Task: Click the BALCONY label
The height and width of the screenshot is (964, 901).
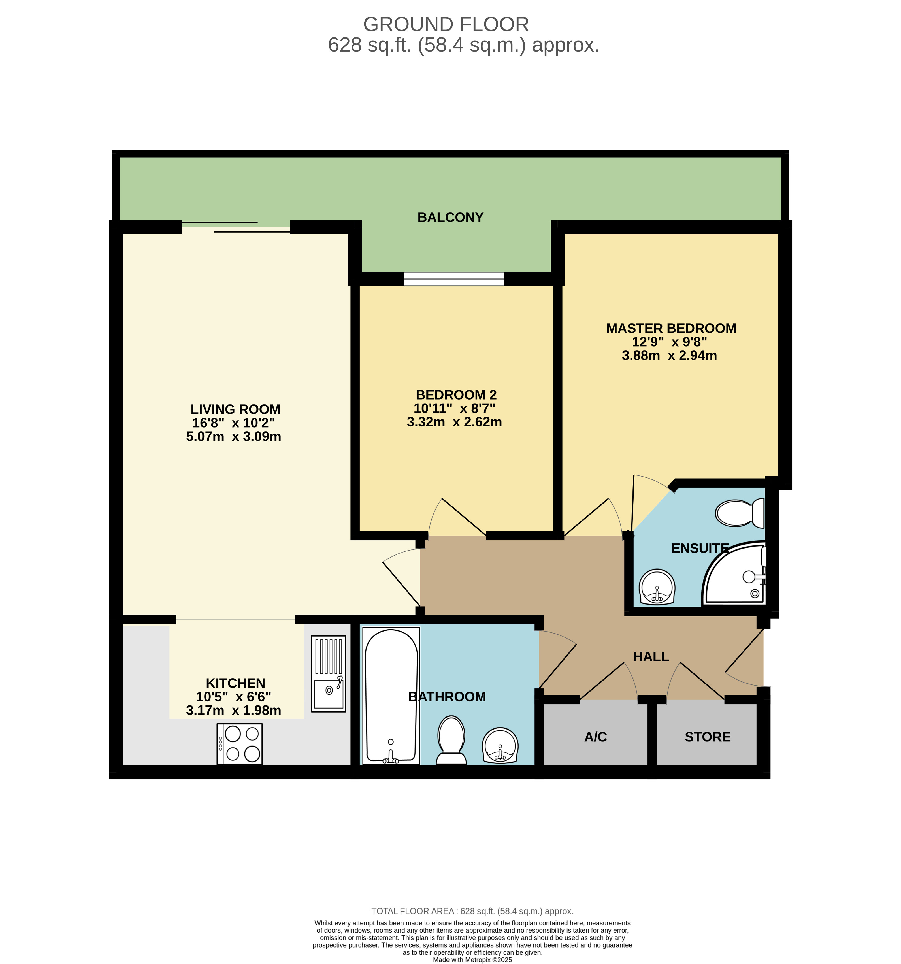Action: click(450, 217)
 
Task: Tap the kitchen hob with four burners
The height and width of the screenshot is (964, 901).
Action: click(240, 744)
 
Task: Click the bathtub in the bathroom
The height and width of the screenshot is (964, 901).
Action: click(391, 696)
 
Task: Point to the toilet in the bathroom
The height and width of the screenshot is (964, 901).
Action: click(451, 741)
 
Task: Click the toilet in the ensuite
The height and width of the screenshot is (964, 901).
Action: click(740, 513)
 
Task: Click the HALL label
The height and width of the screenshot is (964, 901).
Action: click(651, 656)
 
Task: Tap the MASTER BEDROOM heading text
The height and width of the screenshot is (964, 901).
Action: click(671, 328)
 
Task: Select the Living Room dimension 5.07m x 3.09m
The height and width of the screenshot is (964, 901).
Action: click(234, 436)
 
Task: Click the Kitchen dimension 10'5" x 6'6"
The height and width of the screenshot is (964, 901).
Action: click(234, 697)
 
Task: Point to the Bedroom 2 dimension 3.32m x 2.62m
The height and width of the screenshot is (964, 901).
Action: click(454, 422)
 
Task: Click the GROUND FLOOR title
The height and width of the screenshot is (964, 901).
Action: click(446, 24)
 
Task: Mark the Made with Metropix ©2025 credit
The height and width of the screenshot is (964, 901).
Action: click(472, 960)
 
